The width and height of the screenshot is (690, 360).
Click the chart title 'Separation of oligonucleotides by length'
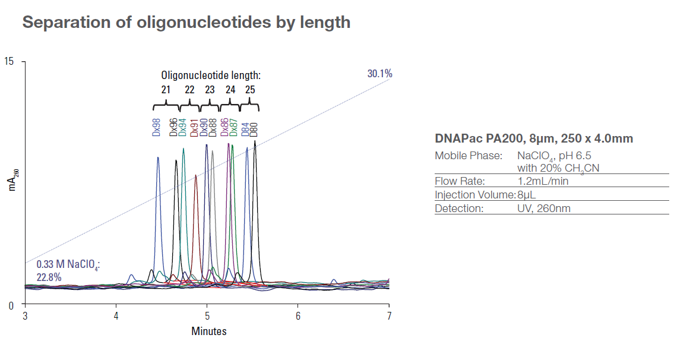186,23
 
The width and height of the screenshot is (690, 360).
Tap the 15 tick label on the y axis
10,62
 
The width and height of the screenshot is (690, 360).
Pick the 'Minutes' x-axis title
208,331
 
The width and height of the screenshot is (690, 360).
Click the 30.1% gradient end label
379,74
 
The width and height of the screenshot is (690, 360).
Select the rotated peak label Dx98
157,127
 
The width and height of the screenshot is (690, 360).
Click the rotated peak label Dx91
194,127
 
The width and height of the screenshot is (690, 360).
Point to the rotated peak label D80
254,128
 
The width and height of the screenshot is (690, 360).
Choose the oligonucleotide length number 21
166,90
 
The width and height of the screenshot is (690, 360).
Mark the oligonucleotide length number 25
250,90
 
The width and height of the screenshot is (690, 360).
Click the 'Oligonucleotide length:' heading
211,75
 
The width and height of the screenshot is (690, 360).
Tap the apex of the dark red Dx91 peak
196,175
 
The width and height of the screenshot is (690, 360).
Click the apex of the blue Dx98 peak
158,157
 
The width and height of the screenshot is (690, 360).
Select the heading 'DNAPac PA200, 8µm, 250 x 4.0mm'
534,139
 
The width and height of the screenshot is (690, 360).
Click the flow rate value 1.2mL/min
542,181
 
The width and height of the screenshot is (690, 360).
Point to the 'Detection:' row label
459,209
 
